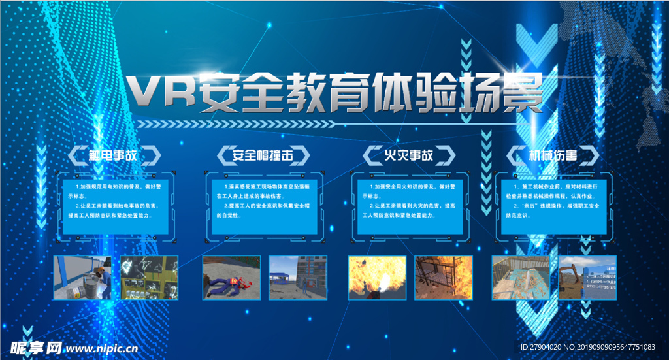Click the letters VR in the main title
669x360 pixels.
click(161, 92)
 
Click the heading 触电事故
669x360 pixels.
click(115, 155)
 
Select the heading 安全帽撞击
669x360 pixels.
click(261, 155)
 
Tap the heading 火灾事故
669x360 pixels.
click(408, 155)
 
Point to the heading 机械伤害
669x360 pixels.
click(553, 155)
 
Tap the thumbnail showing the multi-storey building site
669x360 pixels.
click(298, 277)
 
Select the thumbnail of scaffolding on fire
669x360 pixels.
click(444, 277)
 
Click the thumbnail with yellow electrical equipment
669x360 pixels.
click(150, 277)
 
